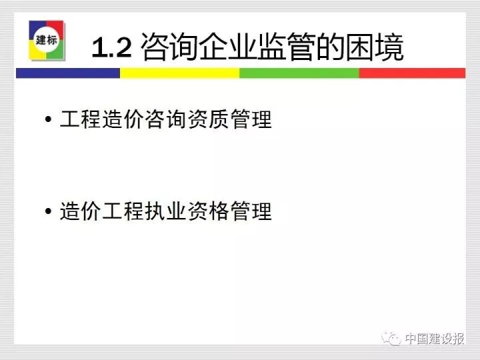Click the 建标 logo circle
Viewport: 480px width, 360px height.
pyautogui.click(x=47, y=40)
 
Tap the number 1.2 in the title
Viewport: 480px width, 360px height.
pyautogui.click(x=112, y=47)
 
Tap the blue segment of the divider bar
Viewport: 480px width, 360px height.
pyautogui.click(x=68, y=73)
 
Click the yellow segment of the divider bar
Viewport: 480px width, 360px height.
pyautogui.click(x=180, y=73)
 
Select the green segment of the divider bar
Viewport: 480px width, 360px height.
pyautogui.click(x=299, y=73)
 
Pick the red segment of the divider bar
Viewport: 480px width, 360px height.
pyautogui.click(x=413, y=73)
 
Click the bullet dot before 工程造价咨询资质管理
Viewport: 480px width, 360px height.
pyautogui.click(x=48, y=119)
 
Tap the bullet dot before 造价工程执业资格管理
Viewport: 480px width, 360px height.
pyautogui.click(x=48, y=211)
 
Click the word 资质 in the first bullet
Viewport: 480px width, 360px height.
pyautogui.click(x=208, y=119)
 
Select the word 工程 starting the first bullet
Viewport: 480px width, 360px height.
pyautogui.click(x=81, y=119)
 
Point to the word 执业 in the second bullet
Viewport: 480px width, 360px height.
pyautogui.click(x=165, y=211)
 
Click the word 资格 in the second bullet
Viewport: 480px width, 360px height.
pyautogui.click(x=208, y=211)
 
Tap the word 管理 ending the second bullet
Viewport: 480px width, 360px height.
pyautogui.click(x=251, y=211)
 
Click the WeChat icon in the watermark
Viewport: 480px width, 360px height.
pyautogui.click(x=391, y=339)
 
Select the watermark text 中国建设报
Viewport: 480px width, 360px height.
pyautogui.click(x=435, y=339)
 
